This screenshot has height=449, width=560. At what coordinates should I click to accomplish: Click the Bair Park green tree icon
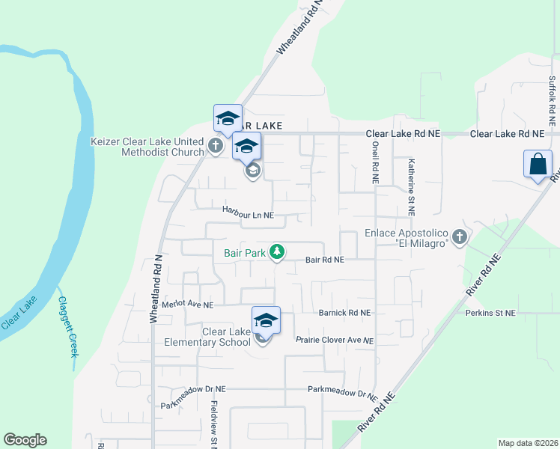[x=277, y=252]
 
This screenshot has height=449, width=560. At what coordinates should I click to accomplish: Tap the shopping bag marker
[x=538, y=165]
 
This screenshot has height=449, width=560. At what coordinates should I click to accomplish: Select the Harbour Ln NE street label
[x=249, y=215]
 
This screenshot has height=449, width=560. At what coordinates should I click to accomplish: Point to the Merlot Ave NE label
[x=188, y=305]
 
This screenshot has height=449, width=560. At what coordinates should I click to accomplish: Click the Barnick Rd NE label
[x=344, y=313]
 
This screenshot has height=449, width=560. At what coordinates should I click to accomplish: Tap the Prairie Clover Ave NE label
[x=334, y=340]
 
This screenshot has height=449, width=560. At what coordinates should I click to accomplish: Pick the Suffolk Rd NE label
[x=552, y=100]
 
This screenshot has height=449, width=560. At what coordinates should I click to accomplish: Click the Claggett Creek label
[x=67, y=326]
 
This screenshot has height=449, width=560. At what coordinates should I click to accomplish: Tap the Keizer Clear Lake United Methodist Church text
[x=147, y=147]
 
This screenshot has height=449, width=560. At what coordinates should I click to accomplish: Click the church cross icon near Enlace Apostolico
[x=460, y=238]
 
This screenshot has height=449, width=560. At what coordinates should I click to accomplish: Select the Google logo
[x=25, y=440]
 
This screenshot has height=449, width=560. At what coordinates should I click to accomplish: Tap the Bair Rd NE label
[x=324, y=260]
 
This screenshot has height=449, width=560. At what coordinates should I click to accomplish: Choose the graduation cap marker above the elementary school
[x=266, y=321]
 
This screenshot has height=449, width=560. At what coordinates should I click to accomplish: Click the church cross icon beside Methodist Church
[x=216, y=145]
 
